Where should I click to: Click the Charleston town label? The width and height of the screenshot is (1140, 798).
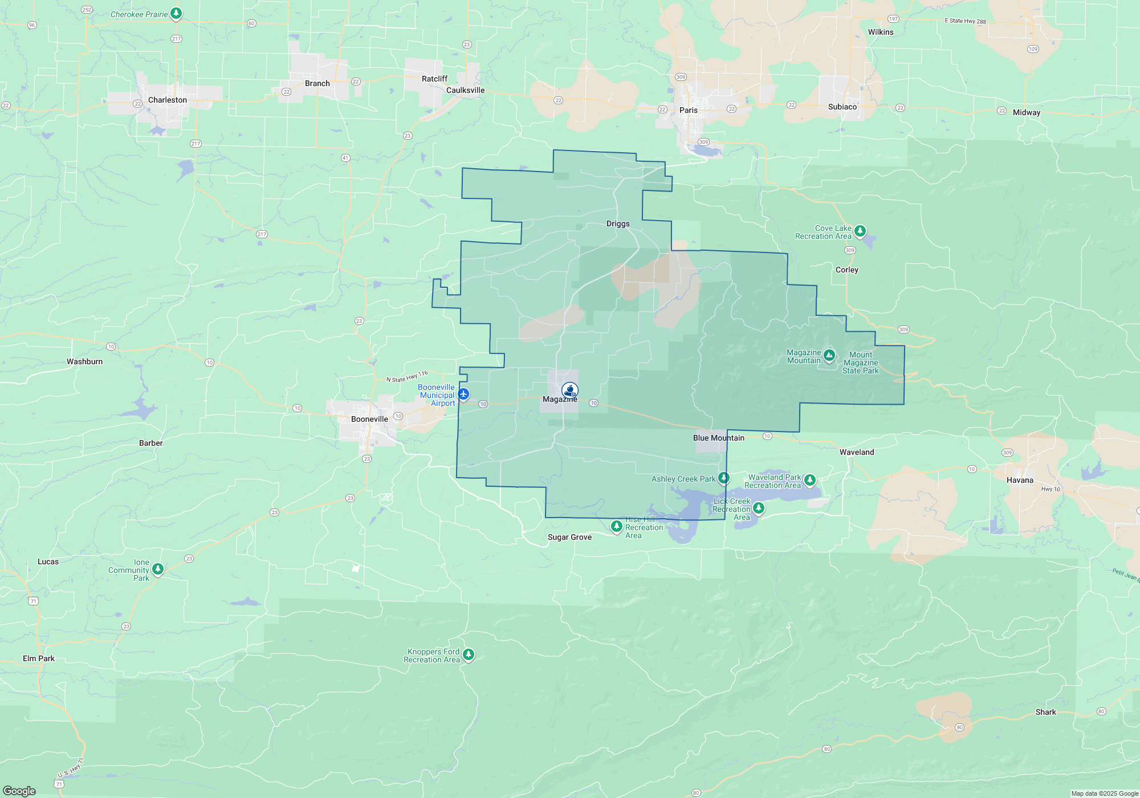click(167, 100)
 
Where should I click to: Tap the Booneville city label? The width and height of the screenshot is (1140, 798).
click(369, 419)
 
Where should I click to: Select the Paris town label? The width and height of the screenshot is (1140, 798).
click(688, 110)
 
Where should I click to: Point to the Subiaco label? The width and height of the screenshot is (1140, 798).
click(842, 107)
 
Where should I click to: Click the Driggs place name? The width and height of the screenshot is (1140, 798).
click(618, 223)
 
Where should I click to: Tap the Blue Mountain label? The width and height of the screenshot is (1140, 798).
click(718, 438)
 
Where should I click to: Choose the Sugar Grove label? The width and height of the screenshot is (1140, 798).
click(569, 537)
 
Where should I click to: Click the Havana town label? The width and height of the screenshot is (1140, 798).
click(1020, 480)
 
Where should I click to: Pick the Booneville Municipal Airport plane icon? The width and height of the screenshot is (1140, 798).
click(463, 394)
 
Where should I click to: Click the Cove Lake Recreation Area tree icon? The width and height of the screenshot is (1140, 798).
click(860, 231)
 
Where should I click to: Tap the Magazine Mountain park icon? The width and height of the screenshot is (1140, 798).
click(829, 356)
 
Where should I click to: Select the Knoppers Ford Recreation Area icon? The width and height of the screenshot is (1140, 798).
click(468, 654)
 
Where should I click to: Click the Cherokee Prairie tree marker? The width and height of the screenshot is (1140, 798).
click(176, 13)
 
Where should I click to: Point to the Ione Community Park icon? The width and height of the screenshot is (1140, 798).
click(158, 569)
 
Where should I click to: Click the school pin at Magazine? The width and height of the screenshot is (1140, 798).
click(569, 390)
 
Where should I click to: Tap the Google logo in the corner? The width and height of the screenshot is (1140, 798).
click(19, 791)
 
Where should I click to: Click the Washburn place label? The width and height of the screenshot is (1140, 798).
click(84, 361)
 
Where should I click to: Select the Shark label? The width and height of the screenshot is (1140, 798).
click(1045, 712)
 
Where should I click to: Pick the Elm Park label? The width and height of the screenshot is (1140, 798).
click(39, 658)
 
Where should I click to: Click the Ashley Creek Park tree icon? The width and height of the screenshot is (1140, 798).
click(723, 478)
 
